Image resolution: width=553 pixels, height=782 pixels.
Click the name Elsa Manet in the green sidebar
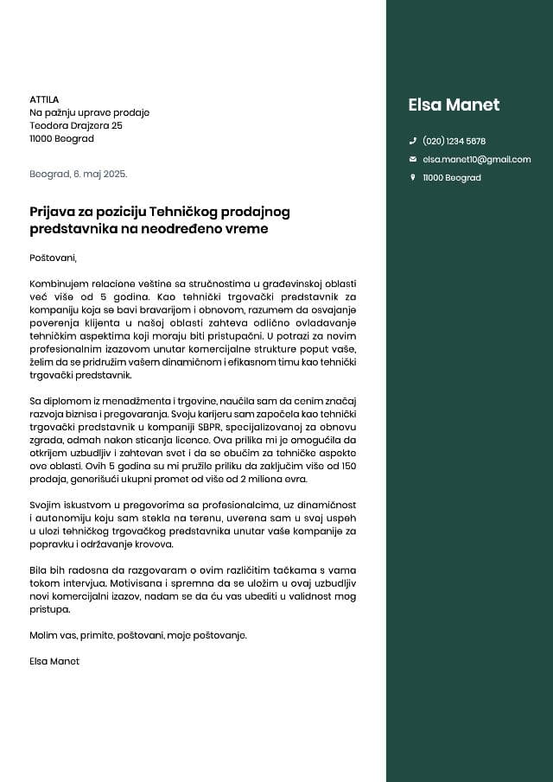(454, 105)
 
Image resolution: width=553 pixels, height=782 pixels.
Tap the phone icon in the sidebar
(412, 141)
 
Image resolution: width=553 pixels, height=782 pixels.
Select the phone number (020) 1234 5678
(454, 141)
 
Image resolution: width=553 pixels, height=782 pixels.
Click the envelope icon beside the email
(412, 159)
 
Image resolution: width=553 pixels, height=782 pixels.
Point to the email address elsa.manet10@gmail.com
(476, 159)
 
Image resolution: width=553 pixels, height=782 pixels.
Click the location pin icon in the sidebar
(412, 177)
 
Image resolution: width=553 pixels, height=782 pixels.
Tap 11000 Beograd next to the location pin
(451, 177)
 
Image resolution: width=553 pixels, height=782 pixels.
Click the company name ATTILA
(44, 99)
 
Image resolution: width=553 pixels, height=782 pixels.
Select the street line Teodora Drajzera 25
(76, 125)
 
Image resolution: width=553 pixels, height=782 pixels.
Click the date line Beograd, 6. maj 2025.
(78, 174)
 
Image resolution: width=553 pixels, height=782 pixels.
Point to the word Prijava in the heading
(54, 212)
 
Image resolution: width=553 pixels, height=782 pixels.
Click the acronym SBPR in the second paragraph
(201, 427)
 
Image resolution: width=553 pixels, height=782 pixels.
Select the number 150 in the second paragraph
(346, 466)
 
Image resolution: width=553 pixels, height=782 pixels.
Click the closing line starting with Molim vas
(138, 635)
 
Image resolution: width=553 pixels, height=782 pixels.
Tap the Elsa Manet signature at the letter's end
(54, 661)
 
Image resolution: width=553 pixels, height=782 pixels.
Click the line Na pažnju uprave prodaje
(89, 112)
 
